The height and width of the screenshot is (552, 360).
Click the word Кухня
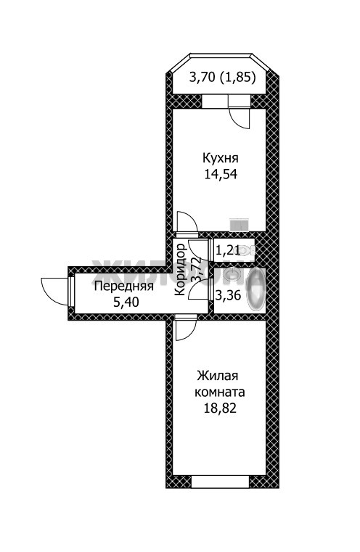[221, 158]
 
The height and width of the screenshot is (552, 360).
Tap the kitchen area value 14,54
[221, 174]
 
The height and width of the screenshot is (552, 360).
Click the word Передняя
[124, 287]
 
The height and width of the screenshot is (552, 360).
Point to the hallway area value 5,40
[126, 302]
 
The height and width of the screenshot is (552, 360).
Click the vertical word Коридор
[180, 269]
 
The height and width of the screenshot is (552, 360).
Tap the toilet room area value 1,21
[228, 250]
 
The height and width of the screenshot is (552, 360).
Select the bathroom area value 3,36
[228, 295]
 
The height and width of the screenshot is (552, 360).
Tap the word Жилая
[218, 376]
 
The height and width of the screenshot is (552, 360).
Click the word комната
[220, 392]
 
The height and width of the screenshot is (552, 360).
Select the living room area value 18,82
[220, 408]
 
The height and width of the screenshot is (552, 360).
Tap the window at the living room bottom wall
[221, 482]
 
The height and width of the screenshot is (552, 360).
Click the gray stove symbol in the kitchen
[240, 225]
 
